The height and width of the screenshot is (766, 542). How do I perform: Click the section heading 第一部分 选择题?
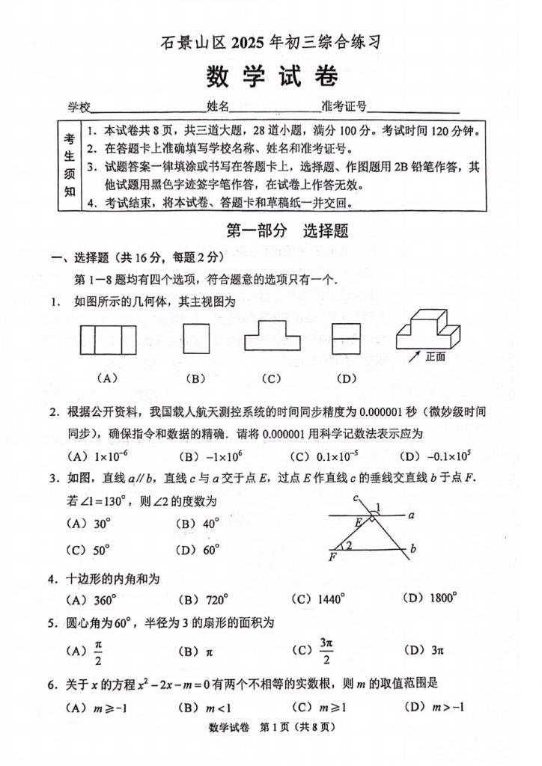click(287, 231)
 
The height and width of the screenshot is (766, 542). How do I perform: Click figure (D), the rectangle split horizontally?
click(346, 338)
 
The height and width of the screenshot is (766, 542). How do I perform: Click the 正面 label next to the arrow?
click(435, 357)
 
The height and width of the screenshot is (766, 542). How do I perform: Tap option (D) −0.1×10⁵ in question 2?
click(429, 456)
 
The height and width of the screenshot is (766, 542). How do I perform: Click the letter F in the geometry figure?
click(332, 557)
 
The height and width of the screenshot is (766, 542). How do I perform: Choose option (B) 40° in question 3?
click(200, 524)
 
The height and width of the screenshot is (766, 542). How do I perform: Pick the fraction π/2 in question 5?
click(98, 650)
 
